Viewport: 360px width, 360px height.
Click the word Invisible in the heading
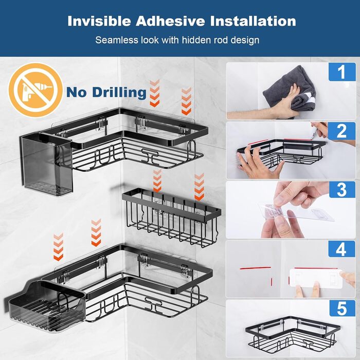pos(99,21)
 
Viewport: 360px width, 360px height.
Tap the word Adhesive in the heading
pos(170,21)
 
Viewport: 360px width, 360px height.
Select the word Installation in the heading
pos(253,21)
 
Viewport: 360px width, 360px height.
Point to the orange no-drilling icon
pos(35,90)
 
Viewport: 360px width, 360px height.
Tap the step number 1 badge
pos(342,72)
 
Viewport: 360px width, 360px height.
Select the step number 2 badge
pos(341,131)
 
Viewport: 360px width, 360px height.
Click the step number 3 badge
pos(342,190)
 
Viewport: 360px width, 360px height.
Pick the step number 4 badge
pos(341,249)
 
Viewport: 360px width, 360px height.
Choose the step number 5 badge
pos(342,308)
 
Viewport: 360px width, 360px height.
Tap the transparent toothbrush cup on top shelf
pos(47,164)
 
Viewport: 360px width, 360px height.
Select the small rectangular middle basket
pos(172,217)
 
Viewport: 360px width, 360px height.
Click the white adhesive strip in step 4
pos(316,278)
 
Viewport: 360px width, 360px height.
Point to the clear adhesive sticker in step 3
pos(296,212)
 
